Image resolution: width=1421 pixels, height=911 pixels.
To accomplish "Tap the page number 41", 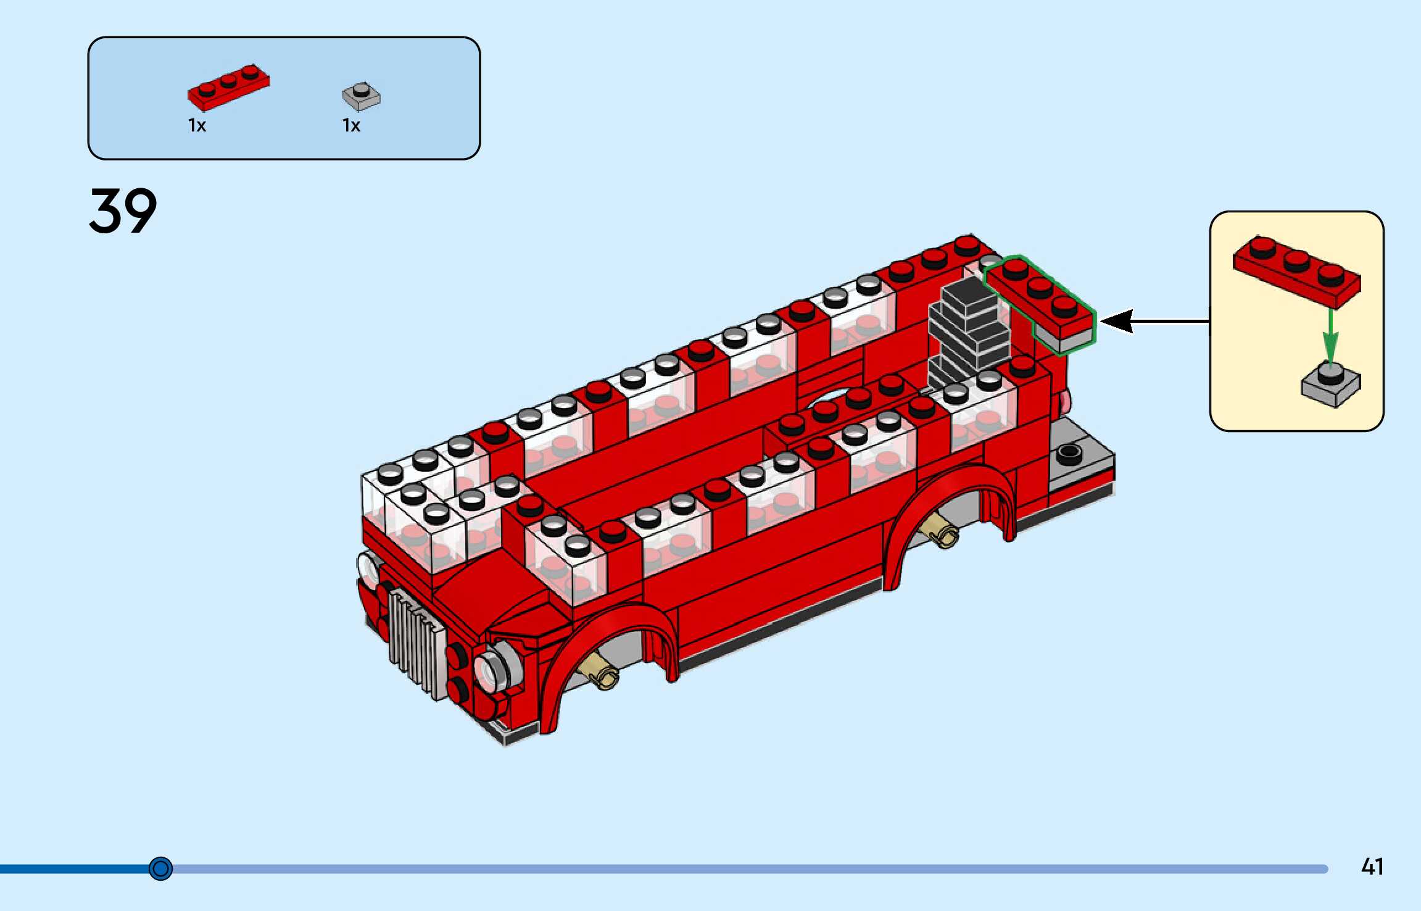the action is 1372,867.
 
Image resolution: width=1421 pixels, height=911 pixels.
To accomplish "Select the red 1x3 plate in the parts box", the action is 228,88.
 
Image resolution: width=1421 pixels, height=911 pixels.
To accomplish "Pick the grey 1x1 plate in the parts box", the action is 362,96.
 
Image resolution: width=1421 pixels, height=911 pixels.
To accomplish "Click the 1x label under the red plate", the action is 197,126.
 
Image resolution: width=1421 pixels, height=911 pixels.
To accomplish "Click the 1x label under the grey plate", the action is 351,126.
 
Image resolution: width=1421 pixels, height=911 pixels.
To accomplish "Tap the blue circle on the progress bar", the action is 161,868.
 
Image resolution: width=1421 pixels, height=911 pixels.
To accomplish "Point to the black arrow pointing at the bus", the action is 1154,321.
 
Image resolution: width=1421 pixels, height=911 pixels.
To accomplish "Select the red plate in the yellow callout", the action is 1296,272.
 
